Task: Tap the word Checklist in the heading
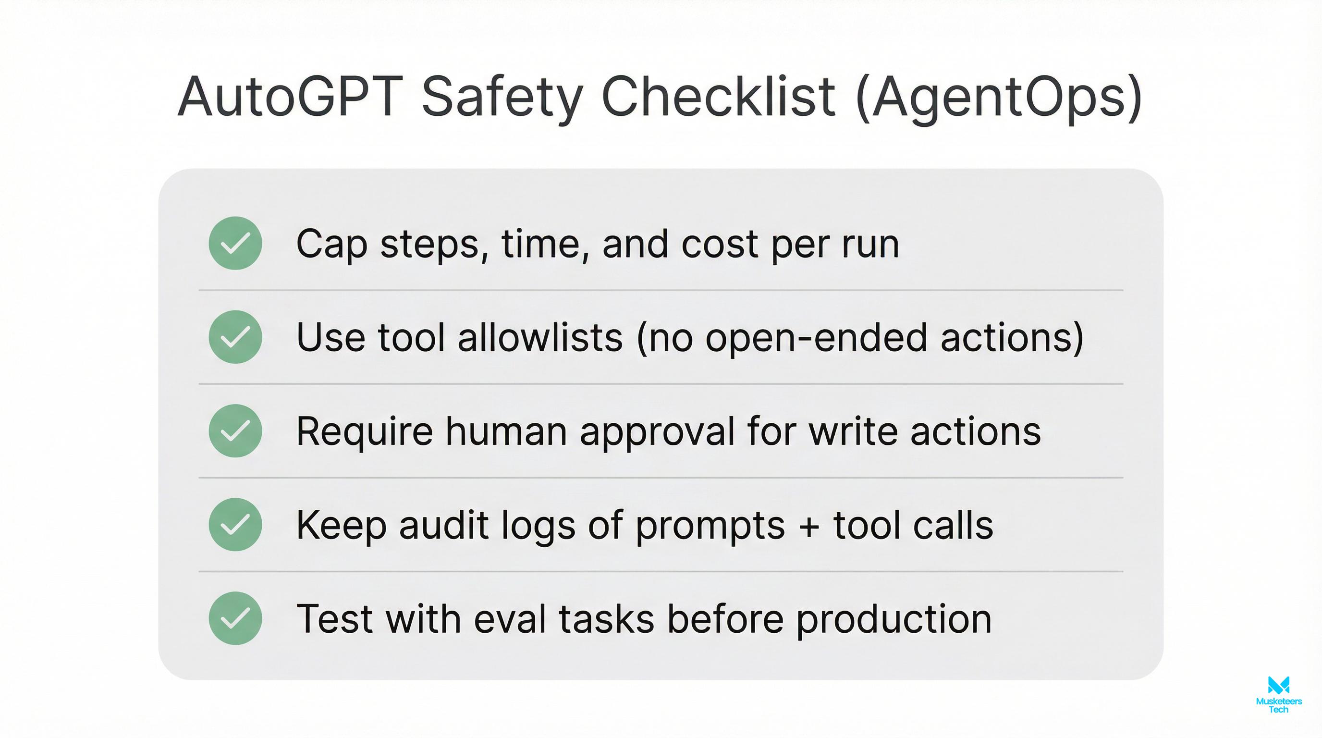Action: (x=718, y=98)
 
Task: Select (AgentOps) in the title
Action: (x=999, y=98)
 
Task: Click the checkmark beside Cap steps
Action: (x=235, y=243)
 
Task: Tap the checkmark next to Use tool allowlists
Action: (x=235, y=337)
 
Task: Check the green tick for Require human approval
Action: (x=235, y=431)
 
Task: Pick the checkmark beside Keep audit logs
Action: (x=235, y=525)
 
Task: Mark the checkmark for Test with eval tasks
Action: (x=235, y=618)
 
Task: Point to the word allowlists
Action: (x=540, y=338)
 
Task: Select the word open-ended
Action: (x=816, y=339)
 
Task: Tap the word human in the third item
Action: (x=506, y=431)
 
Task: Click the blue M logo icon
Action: (x=1278, y=685)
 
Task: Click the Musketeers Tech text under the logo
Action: (x=1278, y=705)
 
